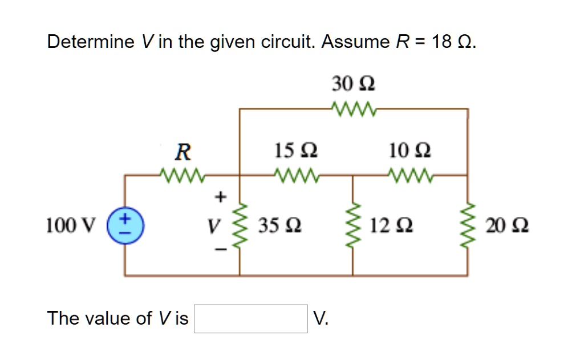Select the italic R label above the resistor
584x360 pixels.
click(182, 152)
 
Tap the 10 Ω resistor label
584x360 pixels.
click(410, 151)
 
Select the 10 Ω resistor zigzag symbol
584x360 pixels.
click(410, 173)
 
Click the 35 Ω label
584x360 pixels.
click(280, 226)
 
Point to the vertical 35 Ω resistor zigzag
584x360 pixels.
click(240, 226)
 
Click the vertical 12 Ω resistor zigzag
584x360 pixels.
click(353, 226)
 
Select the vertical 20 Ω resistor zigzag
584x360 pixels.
click(468, 226)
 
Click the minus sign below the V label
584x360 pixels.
click(220, 249)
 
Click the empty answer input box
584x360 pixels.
click(251, 318)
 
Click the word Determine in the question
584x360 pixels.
click(90, 42)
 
